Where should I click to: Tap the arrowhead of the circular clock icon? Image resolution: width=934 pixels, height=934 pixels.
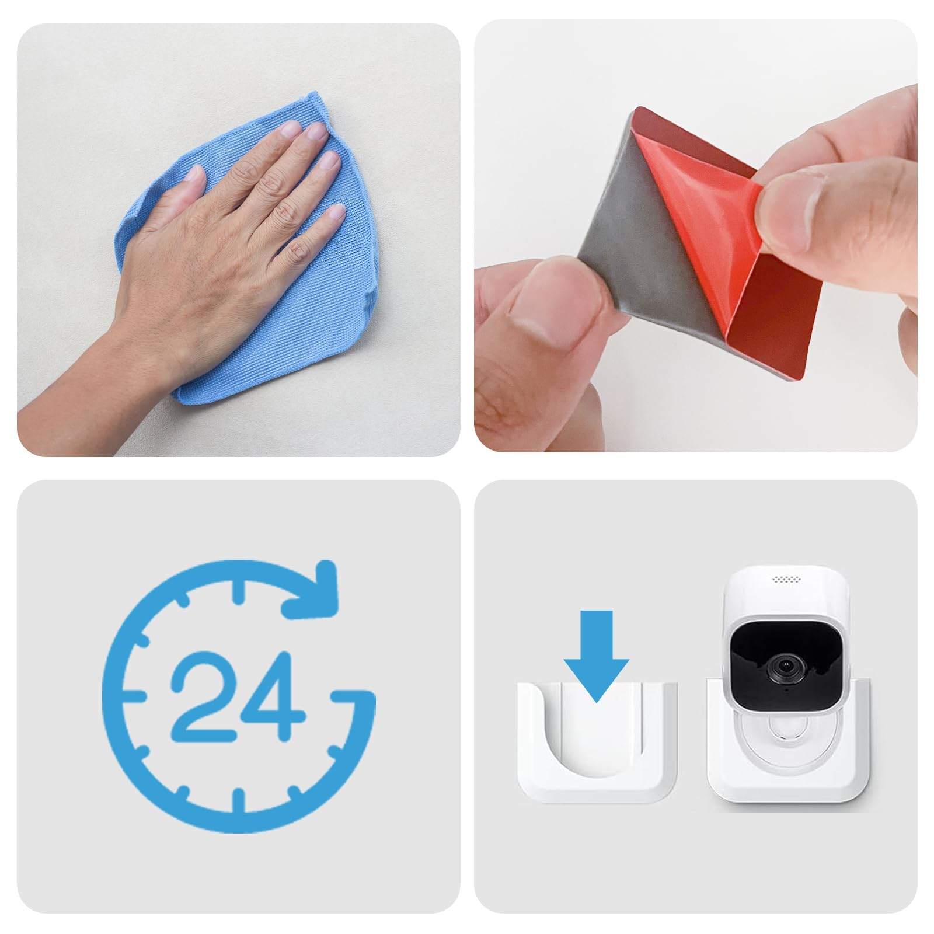click(x=318, y=590)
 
